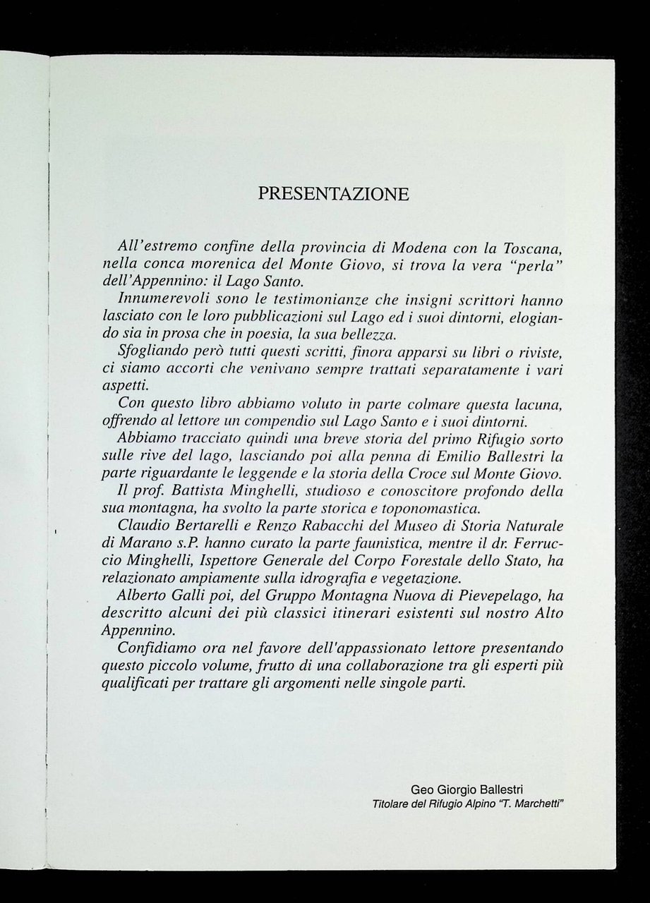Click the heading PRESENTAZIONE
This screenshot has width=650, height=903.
(333, 194)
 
